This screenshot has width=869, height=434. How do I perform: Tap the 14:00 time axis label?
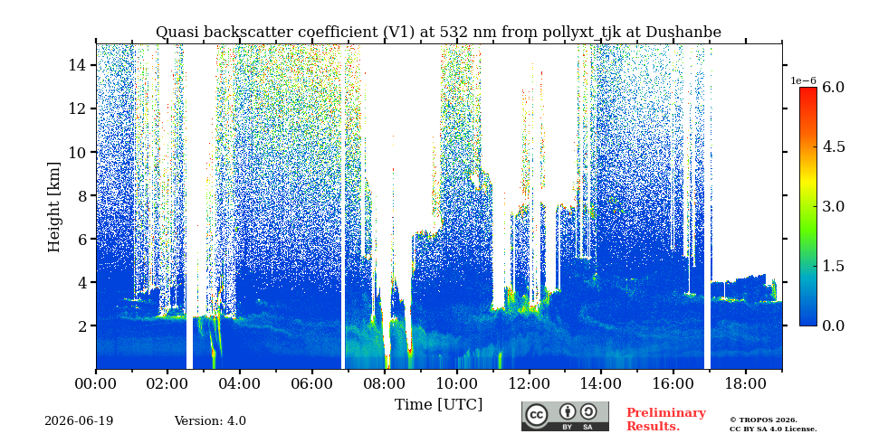[x=601, y=383]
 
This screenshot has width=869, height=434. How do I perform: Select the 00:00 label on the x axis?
[x=97, y=383]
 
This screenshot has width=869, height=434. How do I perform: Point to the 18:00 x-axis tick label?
[x=745, y=383]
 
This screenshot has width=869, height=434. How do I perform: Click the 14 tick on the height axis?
[x=75, y=65]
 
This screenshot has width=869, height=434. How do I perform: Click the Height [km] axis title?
[x=53, y=207]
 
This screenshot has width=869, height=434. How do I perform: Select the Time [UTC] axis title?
[x=438, y=405]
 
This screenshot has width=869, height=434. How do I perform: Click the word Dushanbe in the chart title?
[x=688, y=33]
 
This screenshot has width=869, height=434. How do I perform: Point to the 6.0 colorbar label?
[x=833, y=87]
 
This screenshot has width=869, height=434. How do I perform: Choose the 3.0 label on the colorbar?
[x=833, y=206]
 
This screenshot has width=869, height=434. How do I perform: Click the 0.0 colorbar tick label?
[x=833, y=325]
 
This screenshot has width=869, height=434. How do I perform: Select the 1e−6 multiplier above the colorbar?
[x=803, y=80]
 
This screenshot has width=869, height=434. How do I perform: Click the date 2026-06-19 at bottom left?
[x=79, y=421]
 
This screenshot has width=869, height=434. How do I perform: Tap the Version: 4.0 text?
[x=210, y=421]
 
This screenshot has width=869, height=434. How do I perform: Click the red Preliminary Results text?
[x=666, y=420]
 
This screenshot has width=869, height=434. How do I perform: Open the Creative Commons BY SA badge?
[x=565, y=416]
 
